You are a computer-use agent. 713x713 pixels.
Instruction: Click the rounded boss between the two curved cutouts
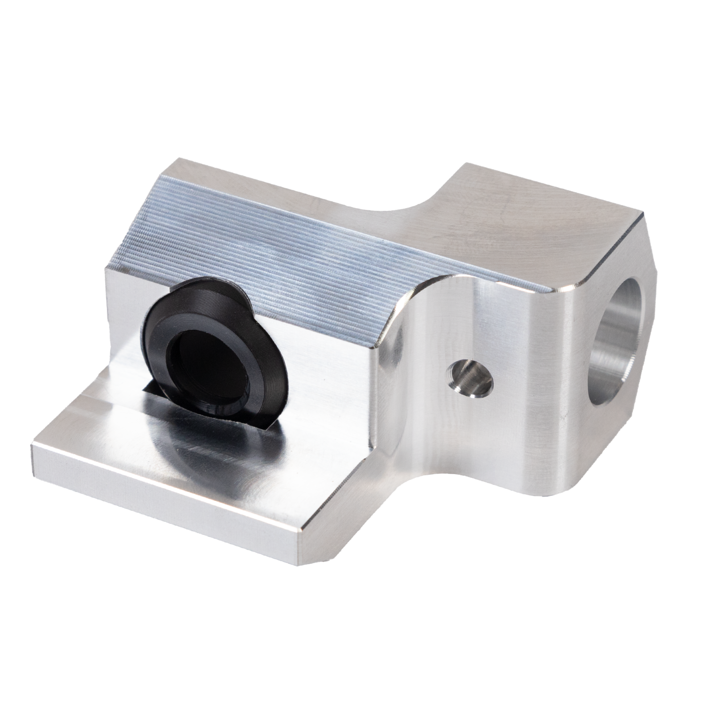pyautogui.click(x=446, y=339)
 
